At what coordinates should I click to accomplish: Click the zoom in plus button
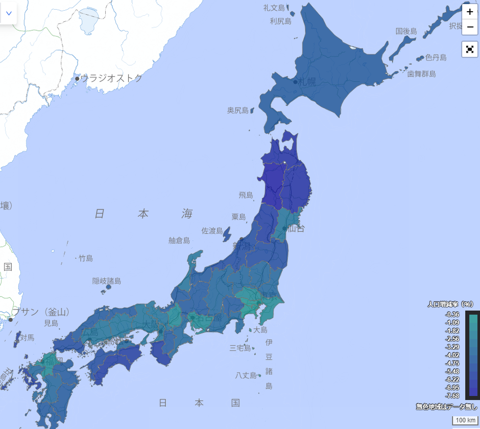[x=470, y=12]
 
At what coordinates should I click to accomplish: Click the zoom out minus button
[x=470, y=27]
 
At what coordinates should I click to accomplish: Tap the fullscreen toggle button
[x=470, y=49]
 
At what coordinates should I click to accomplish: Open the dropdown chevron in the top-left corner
[x=9, y=13]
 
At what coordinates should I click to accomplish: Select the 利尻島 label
[x=280, y=21]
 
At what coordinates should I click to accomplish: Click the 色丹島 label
[x=436, y=58]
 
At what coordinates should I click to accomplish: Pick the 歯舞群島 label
[x=421, y=74]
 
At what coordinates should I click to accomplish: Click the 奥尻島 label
[x=238, y=110]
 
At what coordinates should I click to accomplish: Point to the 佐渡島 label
[x=212, y=231]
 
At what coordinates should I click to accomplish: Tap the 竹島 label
[x=86, y=258]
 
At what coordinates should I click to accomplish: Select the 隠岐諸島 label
[x=106, y=281]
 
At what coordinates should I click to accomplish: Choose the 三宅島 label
[x=240, y=348]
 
